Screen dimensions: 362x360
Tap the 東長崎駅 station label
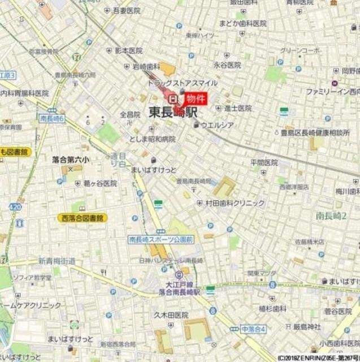click(x=174, y=112)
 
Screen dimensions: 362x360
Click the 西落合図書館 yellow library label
click(x=82, y=218)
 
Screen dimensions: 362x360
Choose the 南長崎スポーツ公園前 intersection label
click(x=161, y=240)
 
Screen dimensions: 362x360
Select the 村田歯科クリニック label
click(x=235, y=203)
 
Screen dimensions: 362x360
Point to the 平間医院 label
click(x=264, y=162)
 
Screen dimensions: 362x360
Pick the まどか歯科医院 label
click(x=243, y=23)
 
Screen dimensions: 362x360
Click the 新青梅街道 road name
click(x=57, y=261)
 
